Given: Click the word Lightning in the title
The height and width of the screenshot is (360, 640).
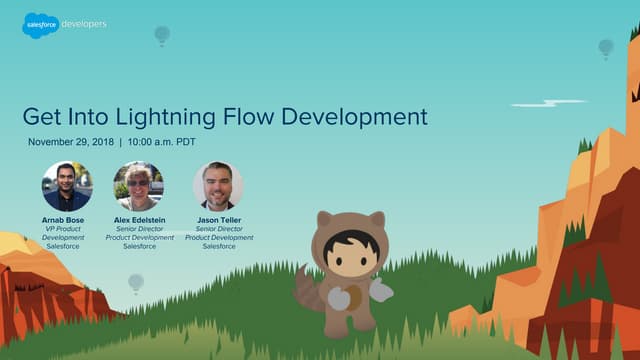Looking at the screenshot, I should pyautogui.click(x=185, y=116).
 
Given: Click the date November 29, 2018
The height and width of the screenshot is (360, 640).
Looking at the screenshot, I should pyautogui.click(x=70, y=142).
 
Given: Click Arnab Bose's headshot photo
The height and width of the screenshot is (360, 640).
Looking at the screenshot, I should pyautogui.click(x=67, y=186).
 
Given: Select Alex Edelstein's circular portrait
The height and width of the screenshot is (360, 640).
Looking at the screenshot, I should pyautogui.click(x=139, y=186).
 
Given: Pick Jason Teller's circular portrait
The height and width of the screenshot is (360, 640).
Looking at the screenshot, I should pyautogui.click(x=218, y=186).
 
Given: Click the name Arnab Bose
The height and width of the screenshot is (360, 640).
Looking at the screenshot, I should pyautogui.click(x=68, y=219).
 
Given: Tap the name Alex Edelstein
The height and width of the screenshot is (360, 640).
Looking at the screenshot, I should pyautogui.click(x=139, y=219).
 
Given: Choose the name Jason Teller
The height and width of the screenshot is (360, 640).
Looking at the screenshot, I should pyautogui.click(x=218, y=219).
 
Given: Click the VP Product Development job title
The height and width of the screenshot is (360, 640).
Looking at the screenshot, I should pyautogui.click(x=68, y=233).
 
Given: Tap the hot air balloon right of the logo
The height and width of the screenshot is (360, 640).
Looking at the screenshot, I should pyautogui.click(x=162, y=35).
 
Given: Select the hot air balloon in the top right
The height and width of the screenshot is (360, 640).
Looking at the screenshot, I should pyautogui.click(x=605, y=47).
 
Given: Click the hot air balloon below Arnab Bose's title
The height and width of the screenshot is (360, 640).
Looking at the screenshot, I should pyautogui.click(x=135, y=283).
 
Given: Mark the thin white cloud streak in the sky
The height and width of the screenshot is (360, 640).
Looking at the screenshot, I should pyautogui.click(x=548, y=103).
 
